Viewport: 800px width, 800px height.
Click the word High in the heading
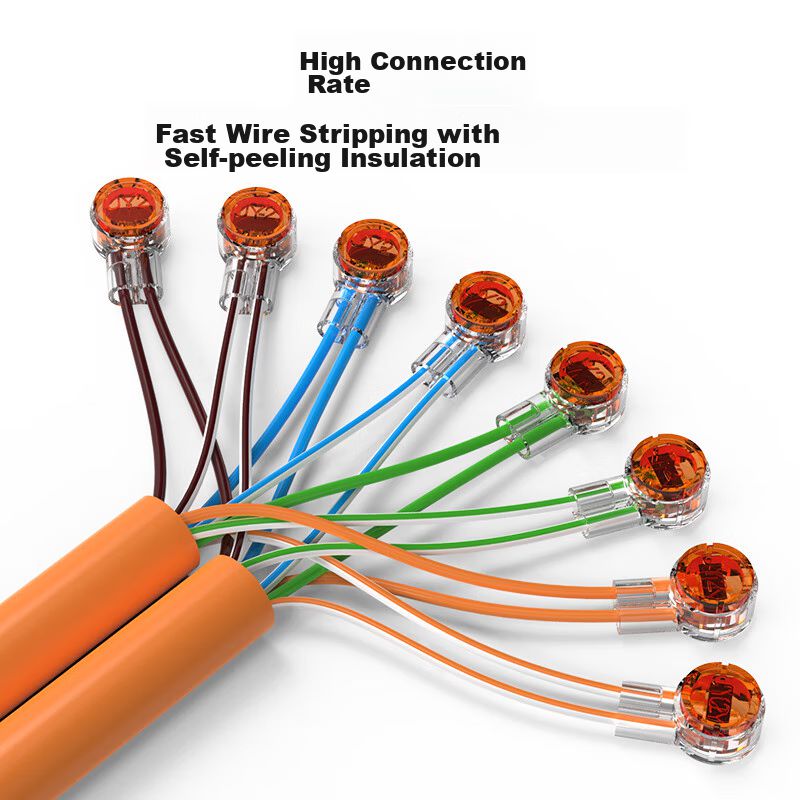coord(329,61)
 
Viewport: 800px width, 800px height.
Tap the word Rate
coord(338,85)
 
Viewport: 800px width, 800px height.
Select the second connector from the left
coord(254,217)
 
